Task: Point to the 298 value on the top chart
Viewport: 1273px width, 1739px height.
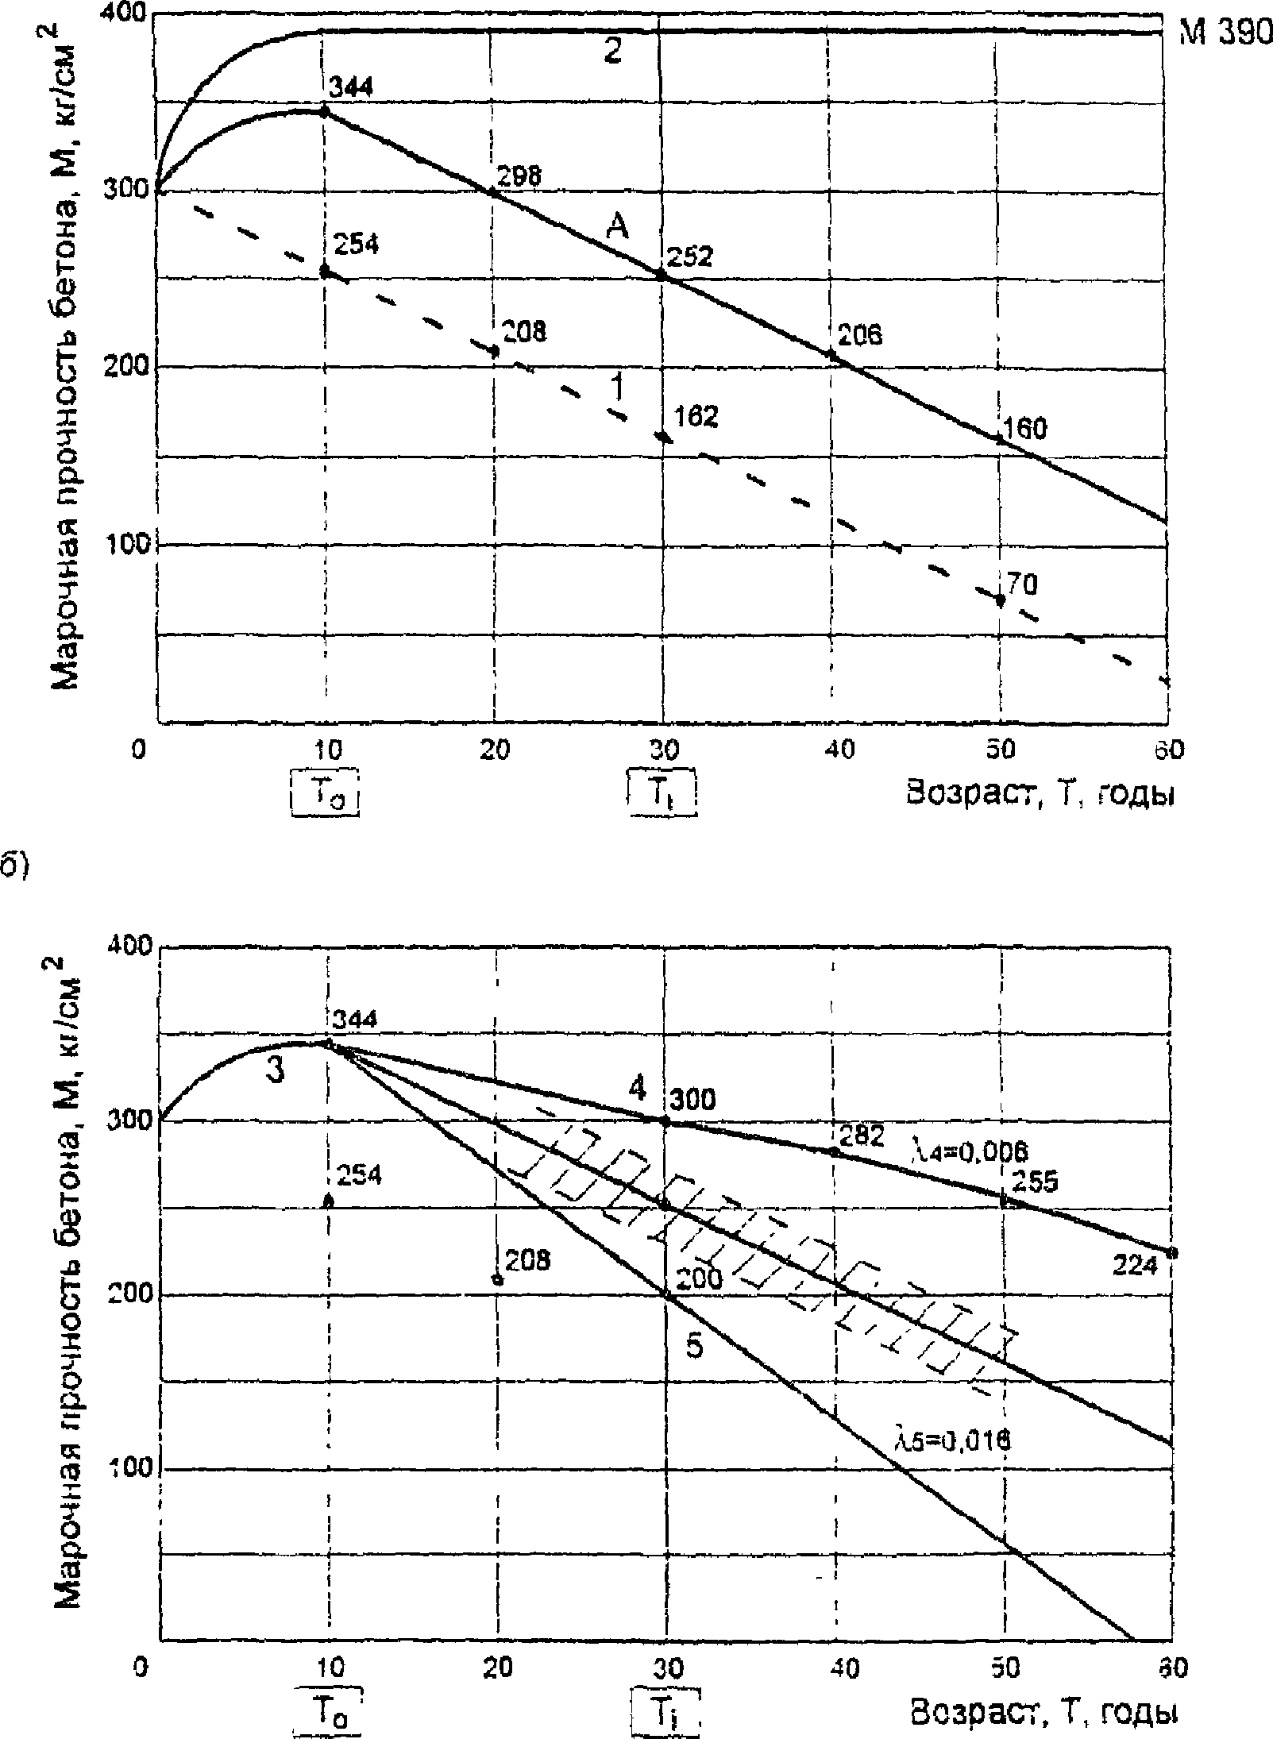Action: [x=519, y=176]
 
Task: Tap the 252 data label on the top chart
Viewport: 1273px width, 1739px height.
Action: [x=690, y=256]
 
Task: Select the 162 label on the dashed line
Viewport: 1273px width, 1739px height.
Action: [x=696, y=416]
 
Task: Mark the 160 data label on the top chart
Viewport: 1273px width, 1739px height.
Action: [x=1024, y=429]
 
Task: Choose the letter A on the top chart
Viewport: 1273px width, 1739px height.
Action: [x=617, y=229]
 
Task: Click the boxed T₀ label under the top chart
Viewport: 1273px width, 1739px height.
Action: [x=326, y=792]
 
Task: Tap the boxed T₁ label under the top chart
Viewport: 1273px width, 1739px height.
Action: [x=662, y=792]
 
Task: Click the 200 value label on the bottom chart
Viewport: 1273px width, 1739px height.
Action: [x=699, y=1278]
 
